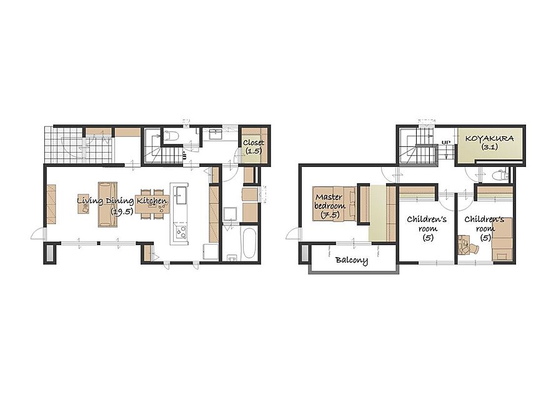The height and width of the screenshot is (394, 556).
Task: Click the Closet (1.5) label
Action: point(254,146)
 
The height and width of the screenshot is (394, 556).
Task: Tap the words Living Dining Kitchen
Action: point(122,201)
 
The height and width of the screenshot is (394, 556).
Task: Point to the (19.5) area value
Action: point(122,212)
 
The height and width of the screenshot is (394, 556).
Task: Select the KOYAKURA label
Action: point(489,138)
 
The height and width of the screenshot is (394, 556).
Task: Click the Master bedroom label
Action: point(330,201)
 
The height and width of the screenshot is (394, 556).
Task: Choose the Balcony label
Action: point(351,260)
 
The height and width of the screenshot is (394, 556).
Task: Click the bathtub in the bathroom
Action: point(249,243)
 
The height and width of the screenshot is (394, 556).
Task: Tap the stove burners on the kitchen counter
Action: point(181,232)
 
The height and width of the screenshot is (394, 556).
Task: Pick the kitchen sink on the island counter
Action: point(181,195)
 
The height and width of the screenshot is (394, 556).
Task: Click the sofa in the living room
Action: point(107,204)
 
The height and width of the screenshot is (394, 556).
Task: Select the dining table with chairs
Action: point(151,204)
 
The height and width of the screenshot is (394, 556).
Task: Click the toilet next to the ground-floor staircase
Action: point(171,136)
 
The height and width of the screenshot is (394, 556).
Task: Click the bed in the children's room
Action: point(502,240)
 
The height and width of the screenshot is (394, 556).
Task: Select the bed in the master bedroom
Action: point(334,203)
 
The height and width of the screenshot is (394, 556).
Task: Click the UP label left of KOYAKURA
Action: point(445,143)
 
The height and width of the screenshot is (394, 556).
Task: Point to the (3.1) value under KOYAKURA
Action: point(489,146)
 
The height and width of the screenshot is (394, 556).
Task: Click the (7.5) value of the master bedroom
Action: point(330,215)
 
